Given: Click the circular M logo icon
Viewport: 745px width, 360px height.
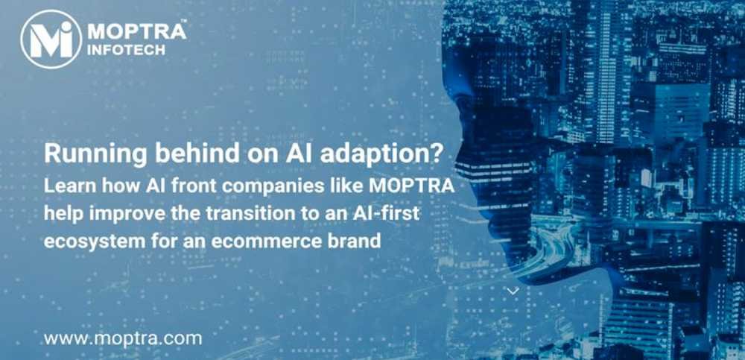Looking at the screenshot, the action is pos(51,40).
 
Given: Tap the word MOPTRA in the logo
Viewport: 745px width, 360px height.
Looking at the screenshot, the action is pos(135,32).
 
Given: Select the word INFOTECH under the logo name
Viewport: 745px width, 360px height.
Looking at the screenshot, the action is pos(127,51).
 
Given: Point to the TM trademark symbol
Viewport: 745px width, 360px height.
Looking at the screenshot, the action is pos(184,22).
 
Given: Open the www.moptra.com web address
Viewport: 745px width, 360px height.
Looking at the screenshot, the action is pos(123,339).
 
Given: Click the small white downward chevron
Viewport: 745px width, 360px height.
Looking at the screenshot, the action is pos(513,291).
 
